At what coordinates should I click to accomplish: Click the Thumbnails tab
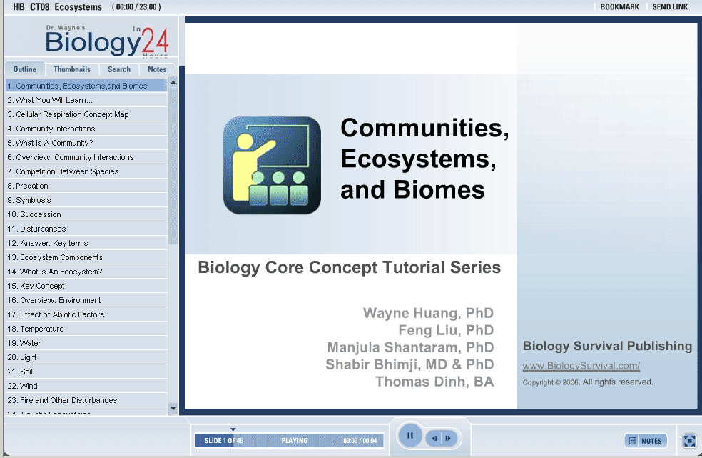[72, 69]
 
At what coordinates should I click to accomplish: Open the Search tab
[119, 69]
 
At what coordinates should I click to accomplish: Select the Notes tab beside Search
[157, 69]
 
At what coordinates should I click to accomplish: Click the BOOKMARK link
[620, 6]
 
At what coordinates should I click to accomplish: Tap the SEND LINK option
[670, 6]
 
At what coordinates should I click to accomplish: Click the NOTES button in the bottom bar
[646, 441]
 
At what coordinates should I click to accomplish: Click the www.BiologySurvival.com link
[581, 366]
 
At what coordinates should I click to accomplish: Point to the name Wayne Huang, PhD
[429, 313]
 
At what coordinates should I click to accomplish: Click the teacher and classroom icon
[273, 165]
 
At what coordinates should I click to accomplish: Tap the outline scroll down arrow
[173, 408]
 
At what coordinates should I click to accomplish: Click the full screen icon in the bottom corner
[689, 441]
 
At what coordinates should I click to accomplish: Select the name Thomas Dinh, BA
[434, 382]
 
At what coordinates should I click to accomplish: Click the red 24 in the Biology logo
[156, 41]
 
